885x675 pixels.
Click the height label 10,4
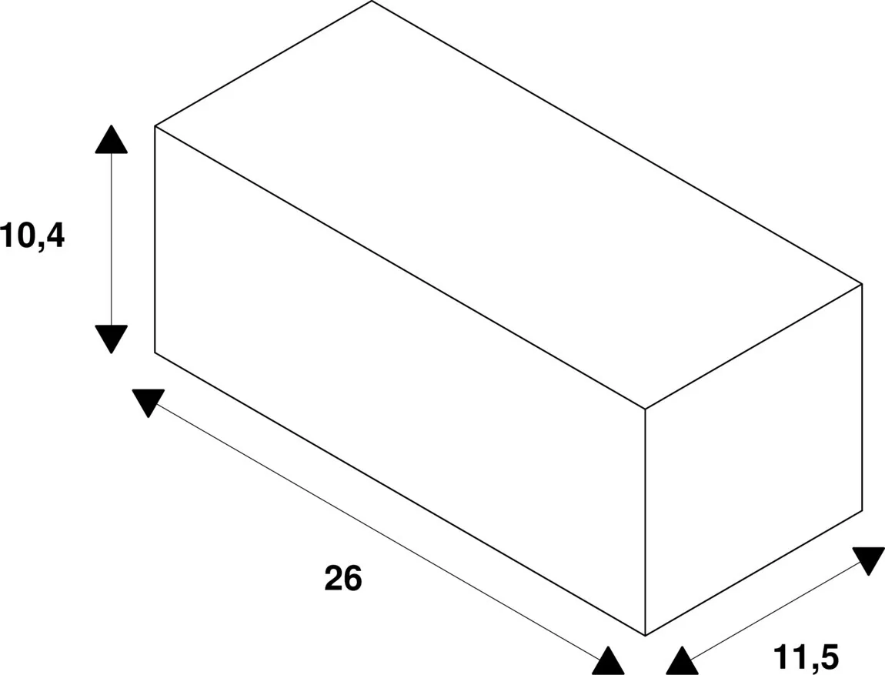coord(33,236)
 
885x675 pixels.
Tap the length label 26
coord(343,579)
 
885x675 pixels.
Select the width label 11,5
coord(806,657)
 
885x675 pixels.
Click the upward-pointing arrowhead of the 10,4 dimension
coord(111,139)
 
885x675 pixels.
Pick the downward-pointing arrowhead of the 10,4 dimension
coord(111,339)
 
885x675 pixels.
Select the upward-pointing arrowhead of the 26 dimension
coord(608,661)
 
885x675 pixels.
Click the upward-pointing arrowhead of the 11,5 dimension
coord(683,661)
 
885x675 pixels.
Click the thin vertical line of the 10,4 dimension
coord(111,239)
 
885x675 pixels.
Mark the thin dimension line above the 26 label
coord(378,532)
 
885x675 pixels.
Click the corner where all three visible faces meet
coord(645,409)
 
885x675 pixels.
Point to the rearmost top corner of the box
coord(372,1)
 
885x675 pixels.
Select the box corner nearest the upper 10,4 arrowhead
coord(155,126)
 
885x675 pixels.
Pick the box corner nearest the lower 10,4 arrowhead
coord(155,353)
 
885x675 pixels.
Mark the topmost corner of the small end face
coord(862,283)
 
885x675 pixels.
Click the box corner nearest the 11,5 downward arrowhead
coord(862,511)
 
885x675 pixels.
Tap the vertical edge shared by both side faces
coord(645,522)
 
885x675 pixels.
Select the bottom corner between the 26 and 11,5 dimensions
coord(645,636)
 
